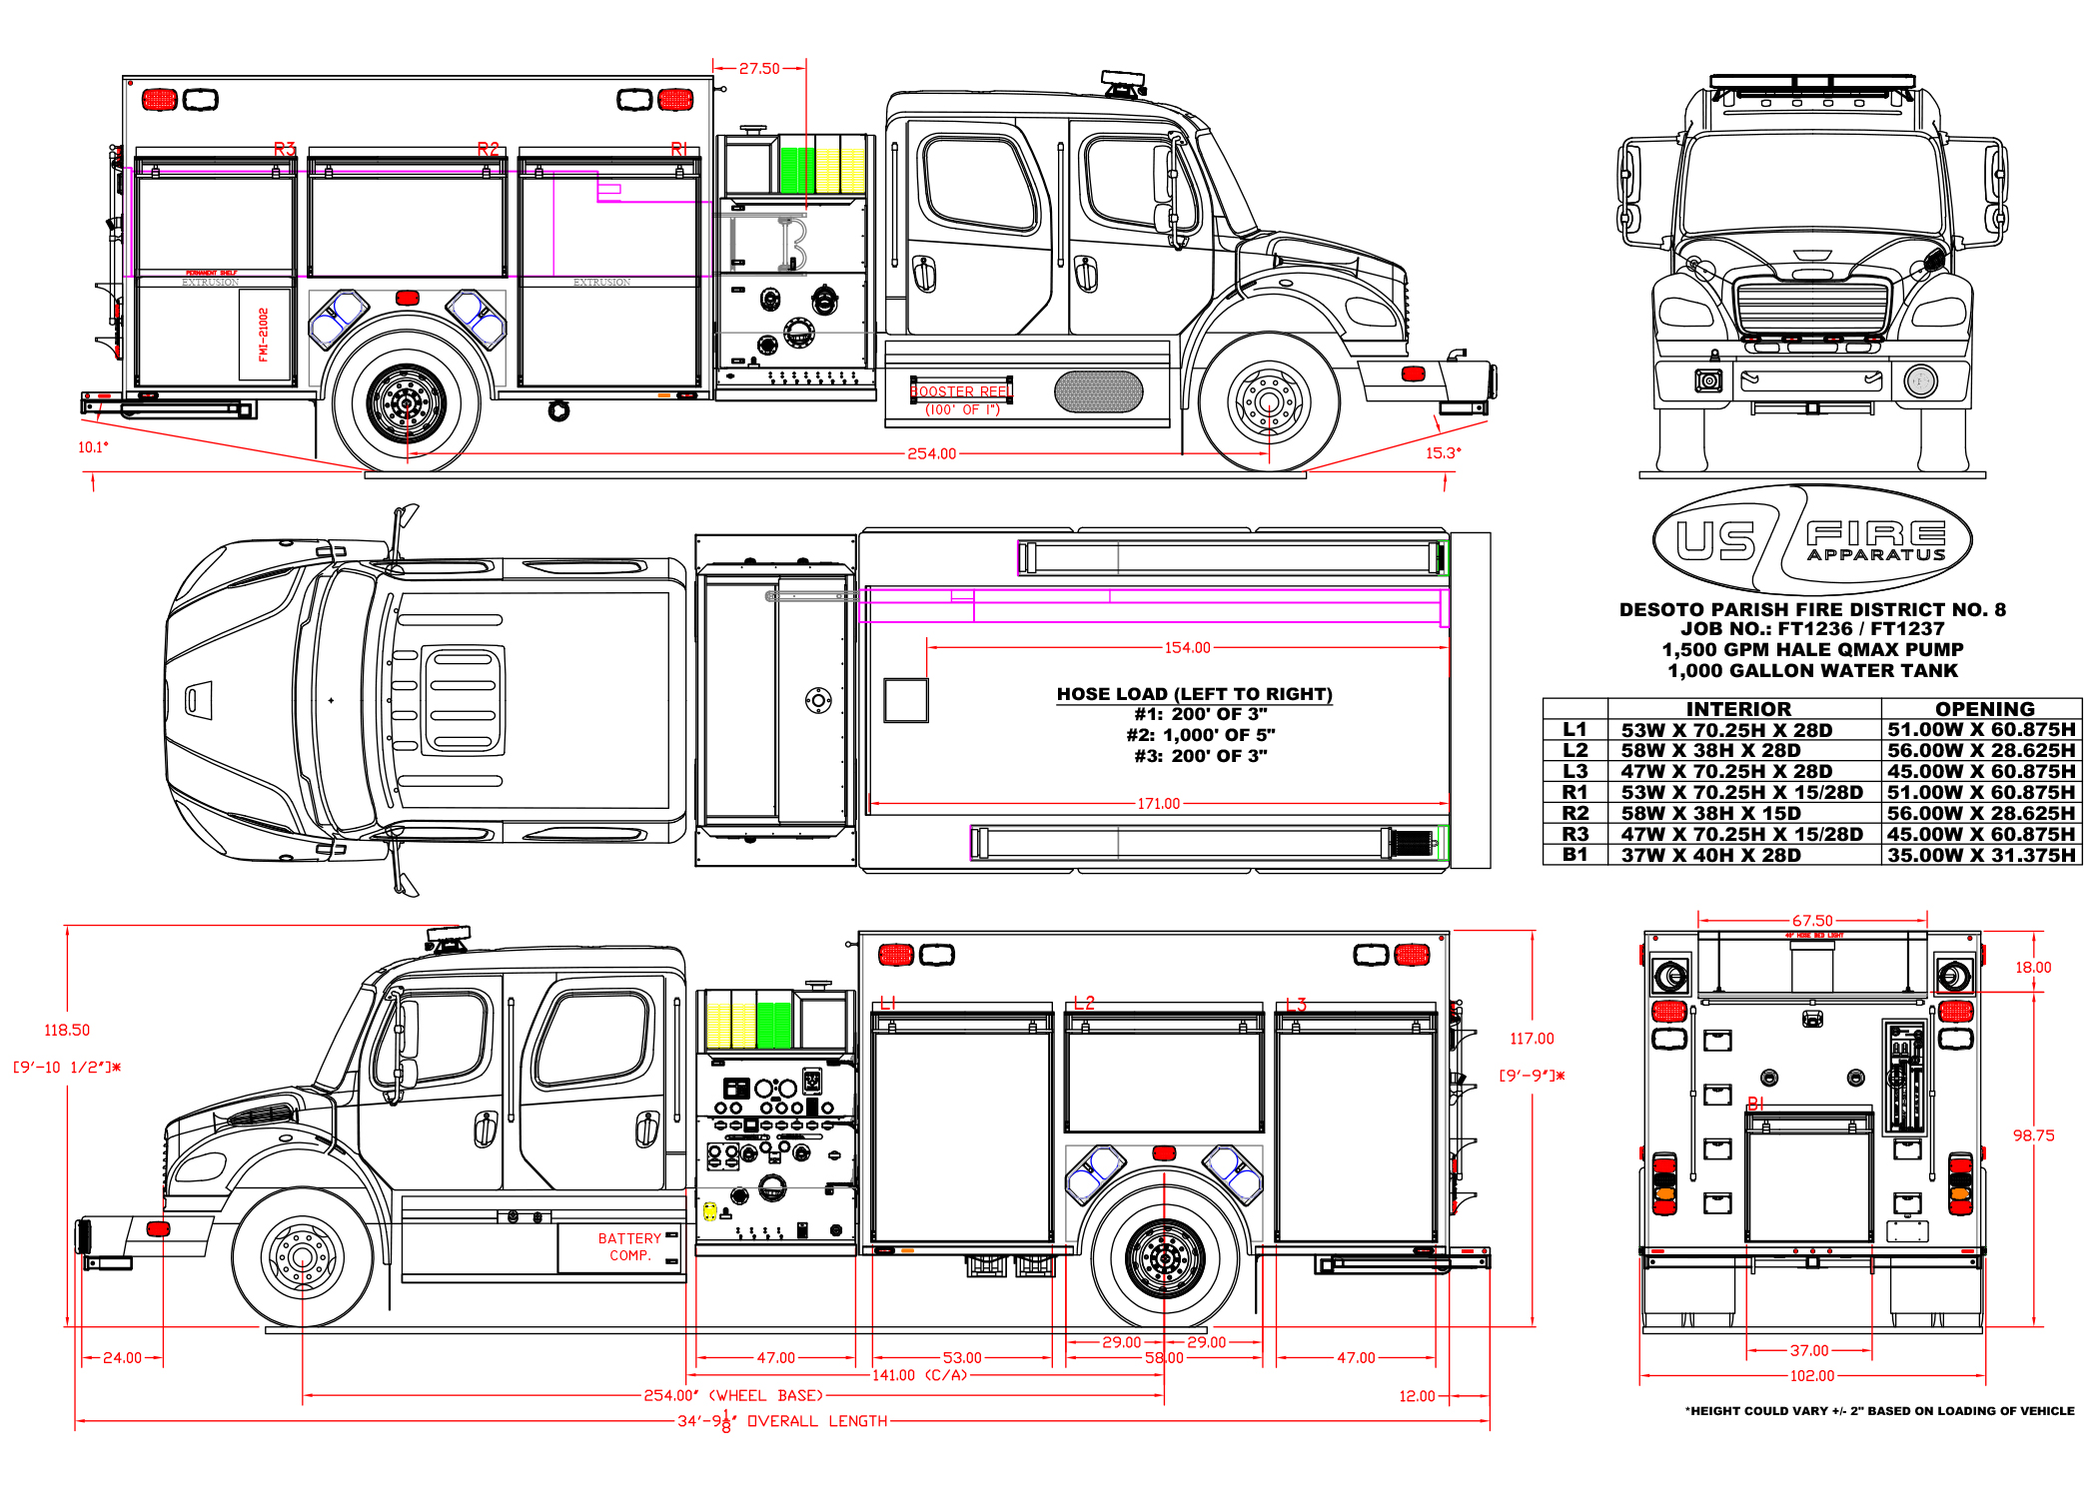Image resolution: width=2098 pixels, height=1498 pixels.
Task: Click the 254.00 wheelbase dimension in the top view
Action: [x=931, y=453]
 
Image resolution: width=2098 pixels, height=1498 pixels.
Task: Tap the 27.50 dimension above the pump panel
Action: [x=759, y=69]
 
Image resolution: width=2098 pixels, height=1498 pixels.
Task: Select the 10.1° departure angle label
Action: [x=93, y=447]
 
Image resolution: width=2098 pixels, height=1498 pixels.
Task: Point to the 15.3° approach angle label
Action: [x=1443, y=453]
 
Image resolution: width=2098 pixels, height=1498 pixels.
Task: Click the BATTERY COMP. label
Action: [x=629, y=1246]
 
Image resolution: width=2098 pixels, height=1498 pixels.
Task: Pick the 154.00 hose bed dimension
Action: [x=1187, y=648]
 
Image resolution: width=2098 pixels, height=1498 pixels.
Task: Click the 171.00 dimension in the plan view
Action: [x=1158, y=804]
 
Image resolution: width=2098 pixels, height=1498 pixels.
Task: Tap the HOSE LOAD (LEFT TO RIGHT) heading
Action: [x=1194, y=694]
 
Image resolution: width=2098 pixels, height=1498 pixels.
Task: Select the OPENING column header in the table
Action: [x=1984, y=709]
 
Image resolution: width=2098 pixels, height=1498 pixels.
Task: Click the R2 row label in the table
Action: [x=1574, y=813]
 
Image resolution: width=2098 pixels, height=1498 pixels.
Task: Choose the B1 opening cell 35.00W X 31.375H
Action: [x=1981, y=855]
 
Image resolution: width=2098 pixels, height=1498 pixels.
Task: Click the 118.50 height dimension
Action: [x=67, y=1030]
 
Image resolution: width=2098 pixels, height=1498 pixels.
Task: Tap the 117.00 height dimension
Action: [x=1532, y=1039]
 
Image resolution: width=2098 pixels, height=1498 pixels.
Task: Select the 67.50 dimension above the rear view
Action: [x=1812, y=921]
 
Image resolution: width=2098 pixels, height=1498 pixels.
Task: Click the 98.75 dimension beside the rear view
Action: [x=2033, y=1135]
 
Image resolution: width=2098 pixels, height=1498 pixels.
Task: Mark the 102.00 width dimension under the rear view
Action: [x=1811, y=1376]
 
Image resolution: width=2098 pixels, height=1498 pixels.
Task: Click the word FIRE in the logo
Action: [x=1875, y=533]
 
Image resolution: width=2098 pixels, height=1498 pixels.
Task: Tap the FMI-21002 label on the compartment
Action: [x=264, y=335]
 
